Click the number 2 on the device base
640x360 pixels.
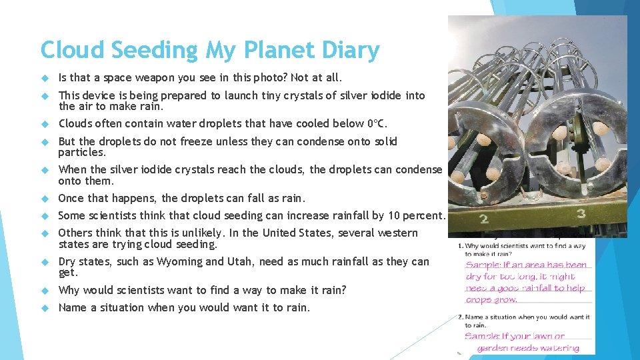tap(484, 218)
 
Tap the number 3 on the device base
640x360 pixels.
tap(581, 214)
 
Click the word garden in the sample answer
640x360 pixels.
tap(494, 347)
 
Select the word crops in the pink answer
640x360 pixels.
tap(479, 299)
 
